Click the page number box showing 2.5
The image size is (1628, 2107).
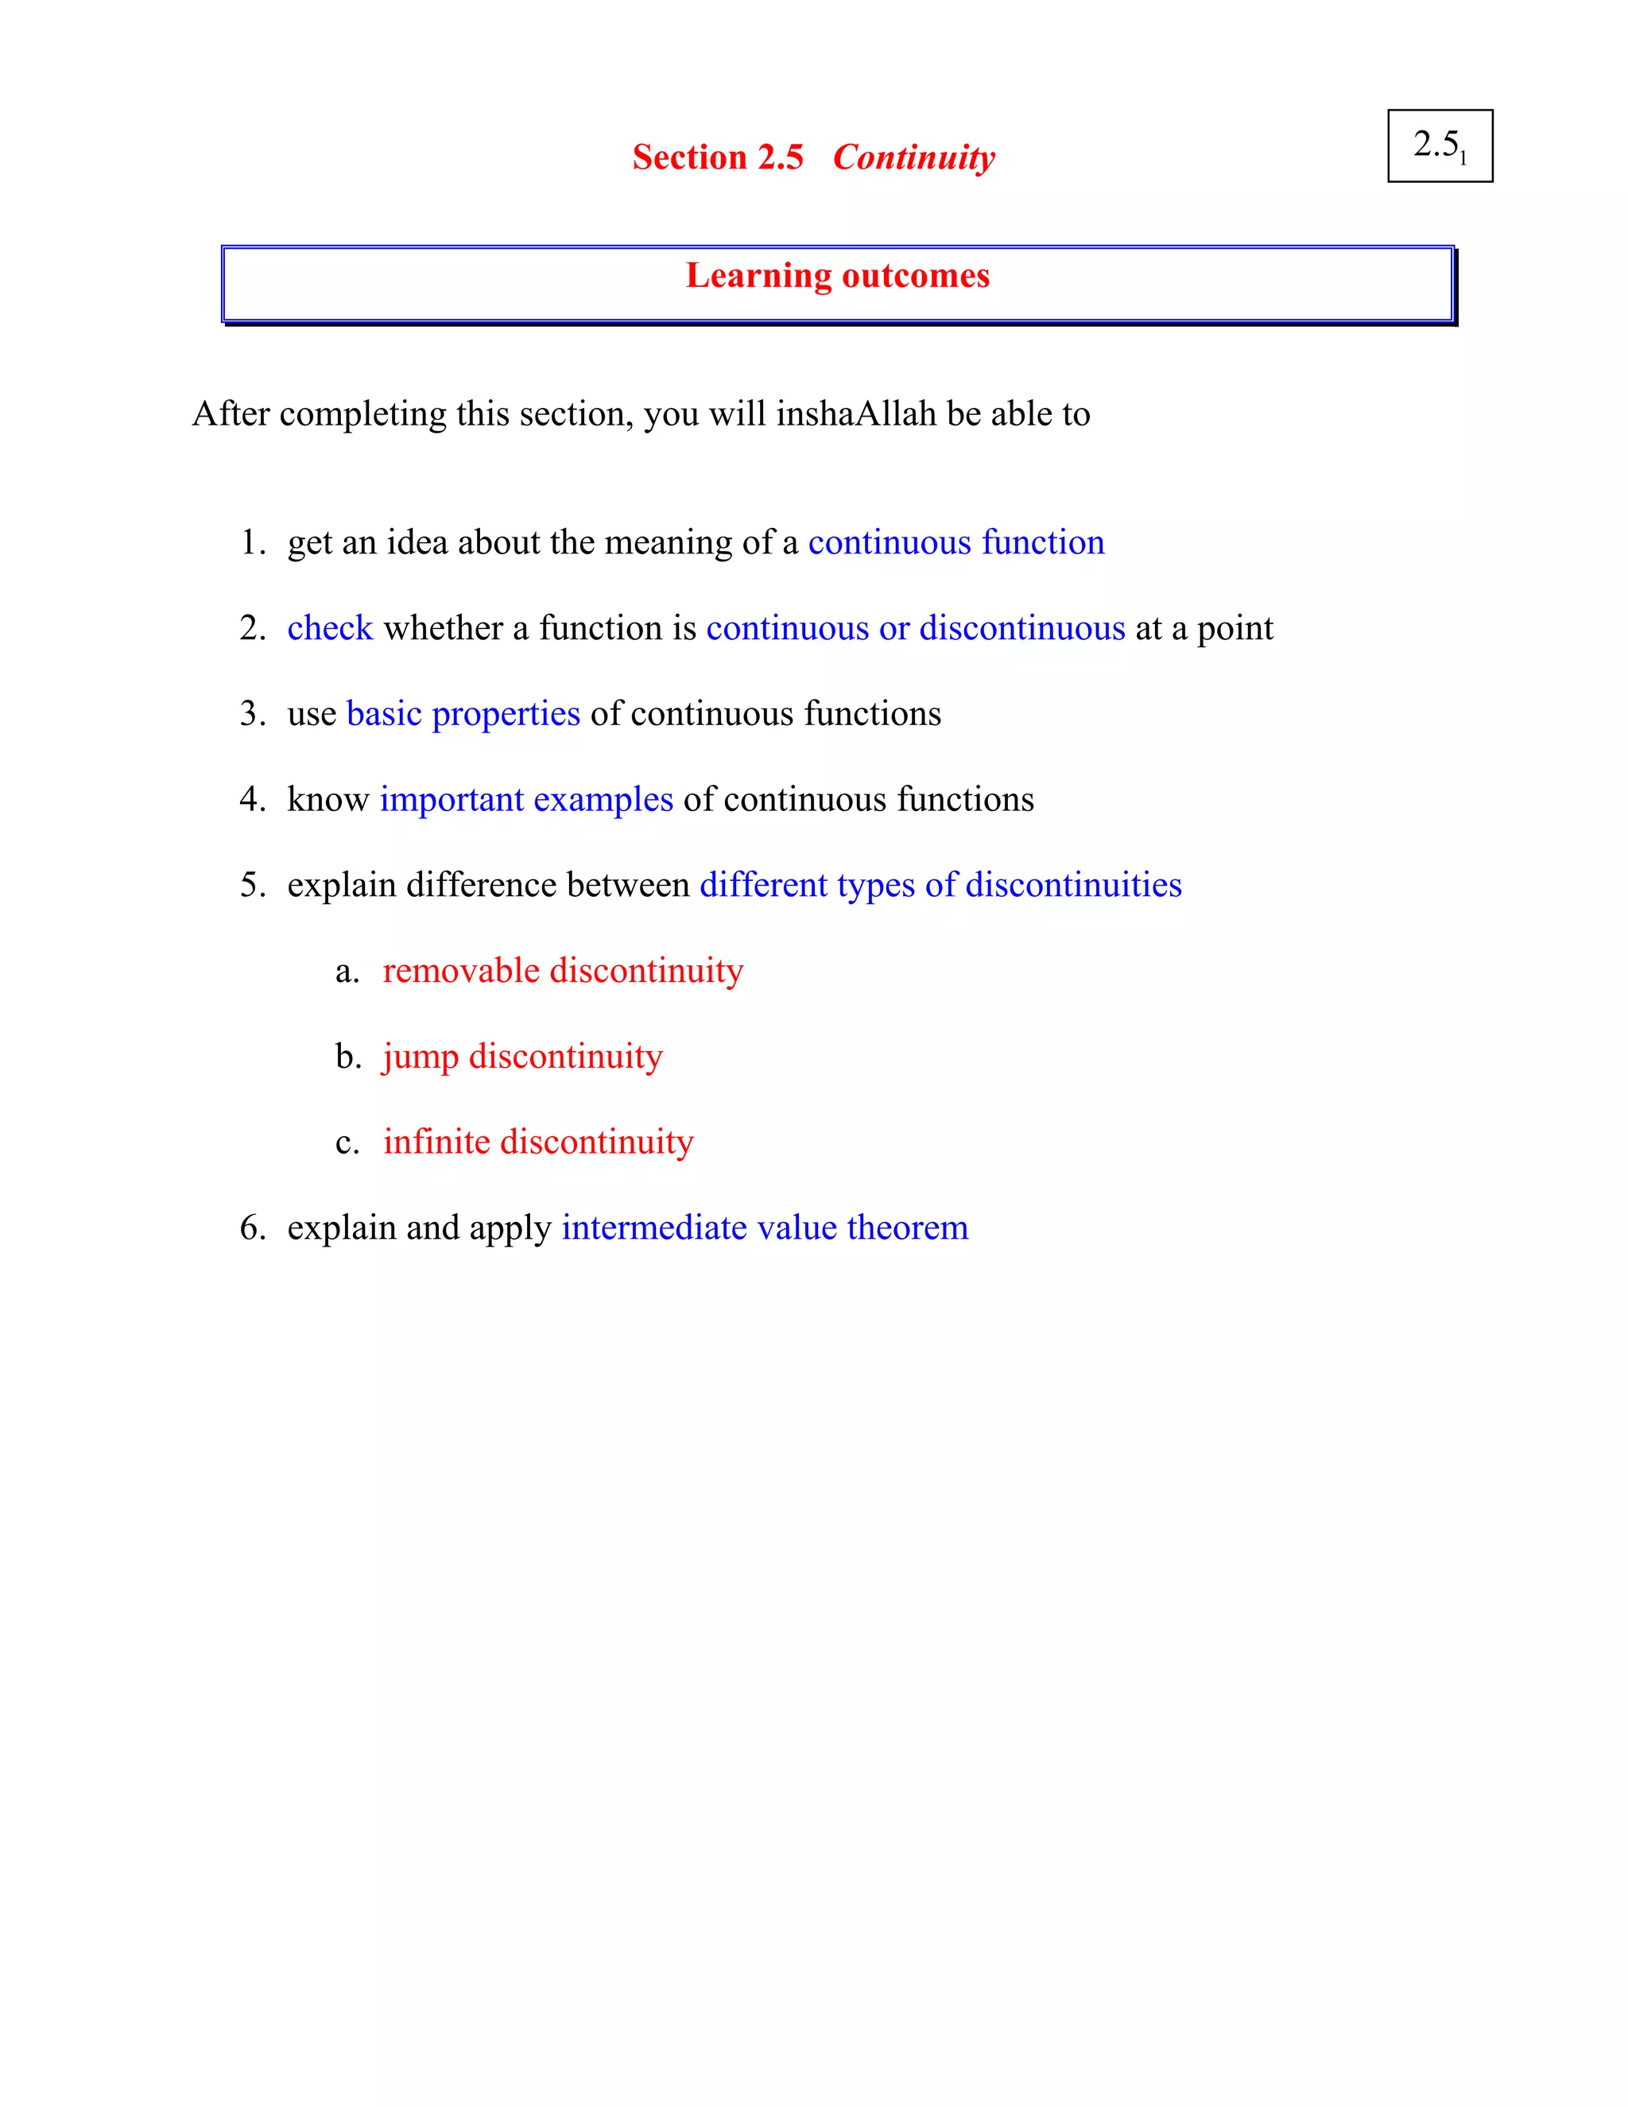click(1439, 146)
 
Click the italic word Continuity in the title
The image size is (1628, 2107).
click(913, 157)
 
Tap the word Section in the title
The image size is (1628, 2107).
click(688, 157)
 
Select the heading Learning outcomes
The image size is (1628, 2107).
click(837, 276)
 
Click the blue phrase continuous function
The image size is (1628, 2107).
click(955, 542)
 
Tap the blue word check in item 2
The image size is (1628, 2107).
click(330, 628)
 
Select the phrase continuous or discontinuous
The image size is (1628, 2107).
click(915, 628)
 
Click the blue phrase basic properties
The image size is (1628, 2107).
click(463, 714)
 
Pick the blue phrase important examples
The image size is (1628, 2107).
click(526, 800)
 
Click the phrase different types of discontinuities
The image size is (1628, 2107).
click(940, 885)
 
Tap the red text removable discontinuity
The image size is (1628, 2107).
click(564, 971)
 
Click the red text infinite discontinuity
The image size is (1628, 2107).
click(538, 1143)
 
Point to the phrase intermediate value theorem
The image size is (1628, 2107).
click(765, 1228)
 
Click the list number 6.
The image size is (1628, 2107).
click(250, 1228)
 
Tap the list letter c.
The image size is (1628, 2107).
click(347, 1143)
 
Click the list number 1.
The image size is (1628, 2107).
click(250, 542)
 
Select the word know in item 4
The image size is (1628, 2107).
click(328, 800)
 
